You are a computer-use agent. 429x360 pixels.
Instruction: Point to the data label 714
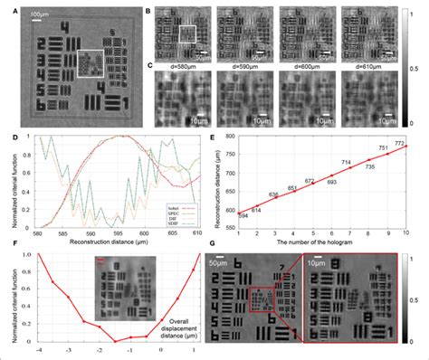tap(320, 163)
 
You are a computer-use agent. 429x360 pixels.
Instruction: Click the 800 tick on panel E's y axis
tap(205, 137)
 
